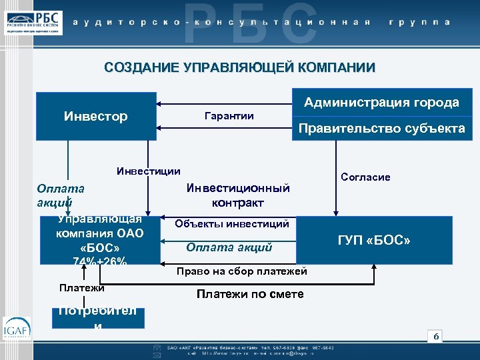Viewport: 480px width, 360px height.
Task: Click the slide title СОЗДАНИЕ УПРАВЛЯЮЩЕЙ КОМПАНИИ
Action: click(x=240, y=67)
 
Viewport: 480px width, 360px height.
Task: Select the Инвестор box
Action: click(x=96, y=117)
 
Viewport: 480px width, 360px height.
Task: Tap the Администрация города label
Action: click(x=381, y=103)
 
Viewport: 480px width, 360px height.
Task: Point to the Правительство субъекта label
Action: click(x=381, y=129)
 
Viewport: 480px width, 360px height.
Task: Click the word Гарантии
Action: click(x=228, y=116)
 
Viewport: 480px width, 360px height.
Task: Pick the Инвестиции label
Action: click(x=148, y=171)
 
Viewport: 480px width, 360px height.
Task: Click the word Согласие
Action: click(x=365, y=177)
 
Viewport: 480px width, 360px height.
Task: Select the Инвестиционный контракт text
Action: click(x=237, y=195)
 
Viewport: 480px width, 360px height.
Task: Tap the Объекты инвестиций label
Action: click(x=231, y=224)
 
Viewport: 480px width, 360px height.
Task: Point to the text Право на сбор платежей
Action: click(x=241, y=271)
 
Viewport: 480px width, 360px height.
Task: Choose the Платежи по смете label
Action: click(x=250, y=294)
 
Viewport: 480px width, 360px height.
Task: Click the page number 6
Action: click(x=436, y=336)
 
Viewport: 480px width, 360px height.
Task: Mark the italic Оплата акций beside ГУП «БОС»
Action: click(x=229, y=248)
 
